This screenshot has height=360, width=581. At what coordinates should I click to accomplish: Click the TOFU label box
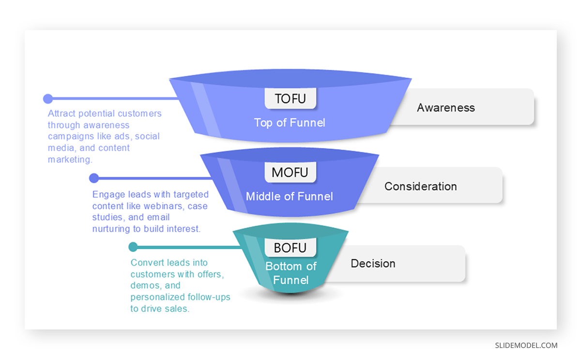tap(290, 98)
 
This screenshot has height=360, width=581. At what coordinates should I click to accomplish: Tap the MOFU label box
tap(290, 172)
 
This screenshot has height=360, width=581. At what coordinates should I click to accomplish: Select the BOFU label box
tap(290, 248)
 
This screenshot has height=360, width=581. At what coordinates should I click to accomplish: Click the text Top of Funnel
tap(290, 123)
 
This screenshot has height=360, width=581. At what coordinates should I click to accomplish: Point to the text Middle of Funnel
tap(290, 197)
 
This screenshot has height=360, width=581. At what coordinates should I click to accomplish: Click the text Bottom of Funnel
tap(290, 273)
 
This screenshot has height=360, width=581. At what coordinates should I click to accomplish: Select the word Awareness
tap(446, 108)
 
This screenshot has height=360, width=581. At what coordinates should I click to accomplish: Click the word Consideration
tap(421, 187)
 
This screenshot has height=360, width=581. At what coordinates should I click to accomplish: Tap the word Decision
tap(373, 264)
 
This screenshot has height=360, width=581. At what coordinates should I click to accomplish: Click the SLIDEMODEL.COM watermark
tap(526, 345)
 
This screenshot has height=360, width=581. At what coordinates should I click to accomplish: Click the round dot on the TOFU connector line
tap(48, 99)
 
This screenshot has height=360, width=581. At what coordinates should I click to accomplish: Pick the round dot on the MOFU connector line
tap(94, 178)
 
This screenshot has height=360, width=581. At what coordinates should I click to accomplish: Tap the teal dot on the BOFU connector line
tap(133, 247)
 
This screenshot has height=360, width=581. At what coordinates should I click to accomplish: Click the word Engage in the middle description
tap(107, 194)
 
